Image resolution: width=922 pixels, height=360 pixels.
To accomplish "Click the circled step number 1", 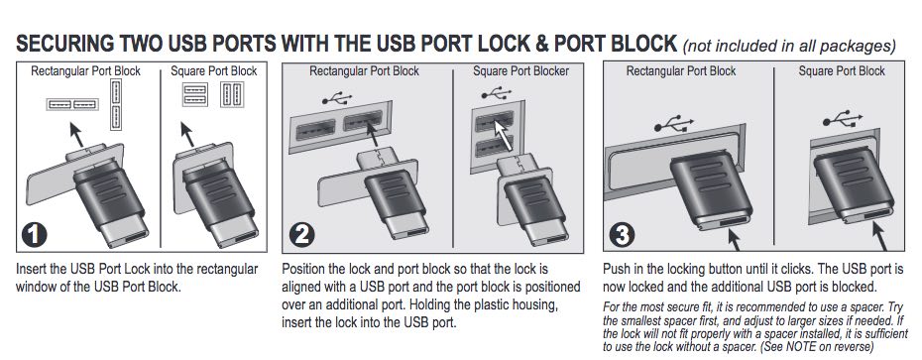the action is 34,235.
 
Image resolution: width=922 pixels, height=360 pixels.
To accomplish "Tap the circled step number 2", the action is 302,236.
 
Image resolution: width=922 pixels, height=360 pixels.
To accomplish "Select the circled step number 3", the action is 622,235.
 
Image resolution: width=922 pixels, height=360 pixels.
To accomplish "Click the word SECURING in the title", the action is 64,44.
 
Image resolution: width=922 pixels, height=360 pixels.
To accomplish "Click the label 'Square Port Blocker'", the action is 520,71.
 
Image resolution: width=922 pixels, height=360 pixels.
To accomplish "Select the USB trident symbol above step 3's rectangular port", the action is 673,123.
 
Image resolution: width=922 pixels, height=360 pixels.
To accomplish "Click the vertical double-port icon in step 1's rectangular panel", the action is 115,105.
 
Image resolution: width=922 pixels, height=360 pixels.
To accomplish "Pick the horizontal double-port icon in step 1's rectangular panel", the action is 72,105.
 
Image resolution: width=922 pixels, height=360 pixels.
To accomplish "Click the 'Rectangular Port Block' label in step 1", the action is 86,71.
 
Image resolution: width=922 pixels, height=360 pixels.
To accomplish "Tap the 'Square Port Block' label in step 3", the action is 842,71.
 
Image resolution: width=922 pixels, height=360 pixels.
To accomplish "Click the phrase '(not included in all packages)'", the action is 789,46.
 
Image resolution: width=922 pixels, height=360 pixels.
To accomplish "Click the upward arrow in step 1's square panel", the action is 187,135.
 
